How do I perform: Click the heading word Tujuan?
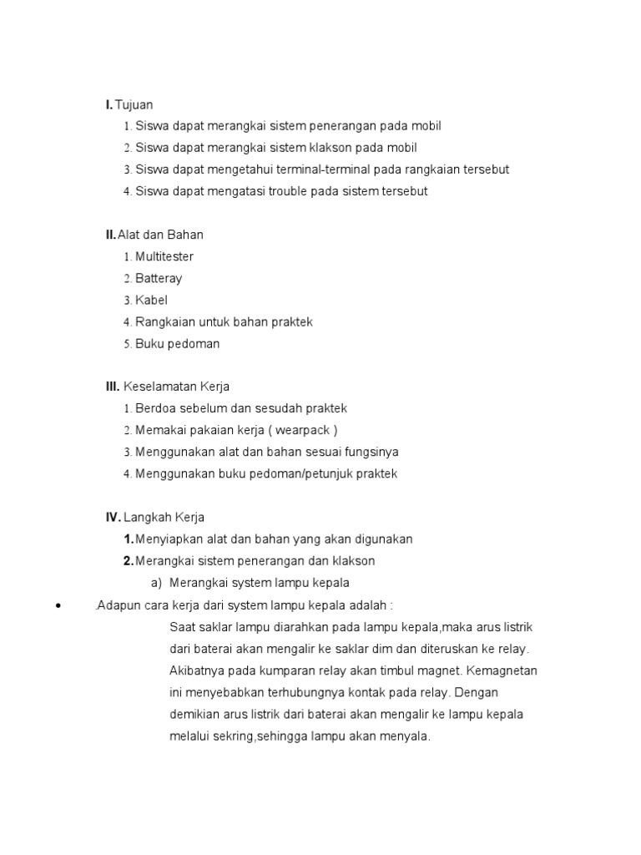[x=134, y=104]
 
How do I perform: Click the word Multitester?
[x=164, y=256]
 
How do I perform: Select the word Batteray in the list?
[x=159, y=278]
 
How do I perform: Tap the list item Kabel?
[x=152, y=300]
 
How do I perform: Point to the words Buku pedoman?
[x=178, y=343]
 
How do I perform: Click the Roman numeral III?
[x=113, y=387]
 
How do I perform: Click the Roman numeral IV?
[x=114, y=518]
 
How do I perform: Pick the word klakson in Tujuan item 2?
[x=331, y=148]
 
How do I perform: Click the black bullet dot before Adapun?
[x=57, y=605]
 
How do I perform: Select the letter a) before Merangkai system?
[x=155, y=583]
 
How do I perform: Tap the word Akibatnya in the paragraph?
[x=196, y=670]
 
